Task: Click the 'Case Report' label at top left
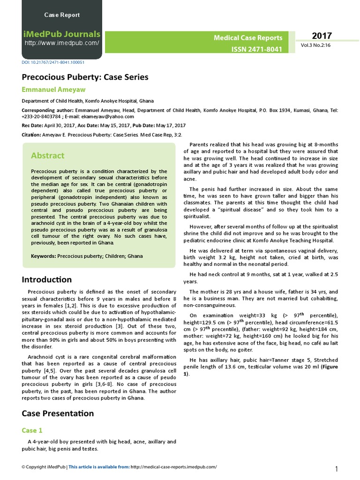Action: pyautogui.click(x=62, y=15)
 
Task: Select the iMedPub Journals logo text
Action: pyautogui.click(x=62, y=34)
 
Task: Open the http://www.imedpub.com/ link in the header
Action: pyautogui.click(x=62, y=43)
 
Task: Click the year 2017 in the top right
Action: pyautogui.click(x=322, y=36)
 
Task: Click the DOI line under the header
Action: pyautogui.click(x=53, y=62)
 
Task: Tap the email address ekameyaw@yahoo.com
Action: pyautogui.click(x=111, y=117)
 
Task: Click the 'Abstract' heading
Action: pyautogui.click(x=47, y=155)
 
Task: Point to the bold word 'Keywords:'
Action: pyautogui.click(x=43, y=256)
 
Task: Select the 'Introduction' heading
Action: pyautogui.click(x=47, y=280)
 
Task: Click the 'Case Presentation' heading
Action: pyautogui.click(x=58, y=413)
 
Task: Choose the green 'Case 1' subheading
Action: pyautogui.click(x=32, y=430)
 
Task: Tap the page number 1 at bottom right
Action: pyautogui.click(x=337, y=469)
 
